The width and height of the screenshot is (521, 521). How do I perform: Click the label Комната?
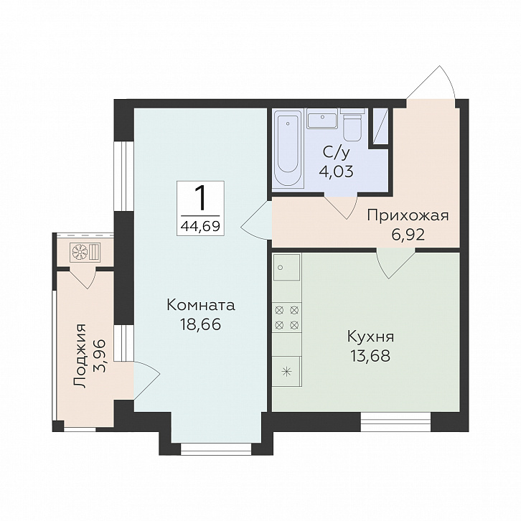click(x=201, y=305)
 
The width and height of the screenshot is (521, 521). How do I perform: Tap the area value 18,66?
click(x=200, y=324)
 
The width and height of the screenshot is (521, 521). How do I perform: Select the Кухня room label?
click(x=370, y=337)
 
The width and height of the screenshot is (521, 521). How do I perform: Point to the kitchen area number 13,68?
click(x=370, y=356)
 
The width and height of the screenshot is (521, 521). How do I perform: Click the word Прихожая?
click(x=408, y=216)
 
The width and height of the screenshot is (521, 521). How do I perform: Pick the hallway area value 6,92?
click(x=408, y=235)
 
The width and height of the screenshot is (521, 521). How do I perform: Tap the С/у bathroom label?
click(x=336, y=153)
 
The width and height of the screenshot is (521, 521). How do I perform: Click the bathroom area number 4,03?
click(x=336, y=172)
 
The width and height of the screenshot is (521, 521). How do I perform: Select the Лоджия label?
click(x=80, y=355)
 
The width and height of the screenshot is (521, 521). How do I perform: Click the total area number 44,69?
click(x=200, y=226)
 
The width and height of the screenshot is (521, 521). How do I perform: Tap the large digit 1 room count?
click(x=200, y=198)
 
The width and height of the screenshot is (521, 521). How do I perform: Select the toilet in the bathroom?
click(x=352, y=127)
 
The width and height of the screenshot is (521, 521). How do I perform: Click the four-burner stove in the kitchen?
click(x=287, y=318)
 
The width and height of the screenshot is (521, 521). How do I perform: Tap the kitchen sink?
click(x=286, y=267)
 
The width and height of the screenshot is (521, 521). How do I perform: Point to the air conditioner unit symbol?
click(x=85, y=251)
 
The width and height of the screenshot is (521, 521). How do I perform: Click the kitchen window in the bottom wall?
click(x=395, y=422)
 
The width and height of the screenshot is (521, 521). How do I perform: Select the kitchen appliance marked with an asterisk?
click(x=286, y=372)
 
